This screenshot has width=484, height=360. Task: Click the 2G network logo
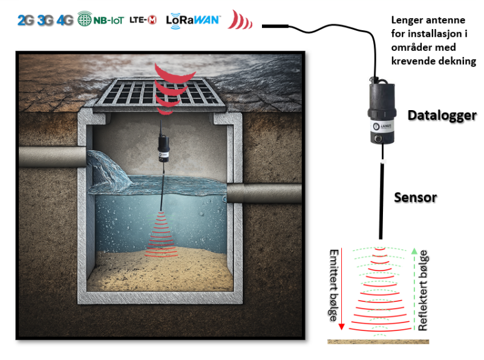(26, 20)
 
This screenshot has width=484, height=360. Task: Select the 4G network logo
(65, 20)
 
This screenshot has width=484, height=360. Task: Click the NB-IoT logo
(101, 20)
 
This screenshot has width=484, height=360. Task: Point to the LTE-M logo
(143, 20)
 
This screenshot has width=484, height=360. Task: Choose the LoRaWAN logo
(193, 19)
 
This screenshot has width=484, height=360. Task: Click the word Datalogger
(442, 115)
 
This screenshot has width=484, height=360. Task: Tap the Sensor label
(415, 197)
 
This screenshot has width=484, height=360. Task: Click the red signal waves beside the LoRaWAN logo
(239, 21)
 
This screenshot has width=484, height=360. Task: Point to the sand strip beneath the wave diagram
(378, 341)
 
